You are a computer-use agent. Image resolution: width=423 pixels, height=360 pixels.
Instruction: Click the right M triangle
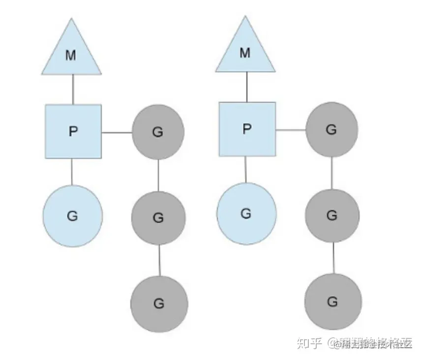pyautogui.click(x=245, y=52)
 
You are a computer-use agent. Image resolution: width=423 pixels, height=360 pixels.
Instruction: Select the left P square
pyautogui.click(x=73, y=131)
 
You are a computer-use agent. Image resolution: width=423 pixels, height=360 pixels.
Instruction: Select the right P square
pyautogui.click(x=247, y=129)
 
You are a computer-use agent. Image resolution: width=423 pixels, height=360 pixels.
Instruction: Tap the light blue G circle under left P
pyautogui.click(x=72, y=215)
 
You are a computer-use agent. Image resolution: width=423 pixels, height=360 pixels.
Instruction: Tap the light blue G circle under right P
pyautogui.click(x=246, y=213)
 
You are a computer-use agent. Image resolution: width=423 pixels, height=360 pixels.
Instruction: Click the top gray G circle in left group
pyautogui.click(x=158, y=132)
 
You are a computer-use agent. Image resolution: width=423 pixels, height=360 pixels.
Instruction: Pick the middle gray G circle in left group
pyautogui.click(x=158, y=217)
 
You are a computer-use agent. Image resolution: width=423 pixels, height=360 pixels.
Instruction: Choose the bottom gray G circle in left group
pyautogui.click(x=159, y=303)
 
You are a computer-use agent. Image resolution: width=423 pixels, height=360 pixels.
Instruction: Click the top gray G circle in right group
pyautogui.click(x=332, y=130)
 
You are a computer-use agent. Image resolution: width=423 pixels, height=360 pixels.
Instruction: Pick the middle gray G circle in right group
pyautogui.click(x=332, y=215)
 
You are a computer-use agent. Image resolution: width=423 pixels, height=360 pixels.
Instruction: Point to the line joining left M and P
pyautogui.click(x=73, y=89)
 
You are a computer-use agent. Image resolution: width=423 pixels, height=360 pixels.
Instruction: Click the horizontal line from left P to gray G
pyautogui.click(x=117, y=132)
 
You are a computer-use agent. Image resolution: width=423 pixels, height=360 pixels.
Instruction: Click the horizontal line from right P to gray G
pyautogui.click(x=291, y=130)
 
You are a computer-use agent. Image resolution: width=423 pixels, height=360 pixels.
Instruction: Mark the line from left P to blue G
pyautogui.click(x=72, y=171)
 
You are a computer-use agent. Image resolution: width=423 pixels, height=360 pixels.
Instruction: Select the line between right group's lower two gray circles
pyautogui.click(x=333, y=258)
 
